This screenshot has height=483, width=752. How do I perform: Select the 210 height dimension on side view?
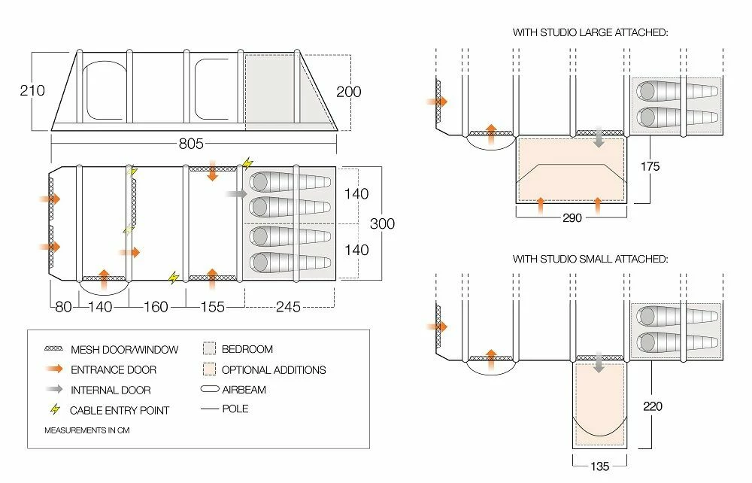click(32, 91)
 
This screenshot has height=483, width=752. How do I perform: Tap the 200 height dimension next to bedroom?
click(348, 92)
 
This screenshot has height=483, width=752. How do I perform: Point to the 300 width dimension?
click(381, 223)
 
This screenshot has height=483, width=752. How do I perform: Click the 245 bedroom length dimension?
click(290, 307)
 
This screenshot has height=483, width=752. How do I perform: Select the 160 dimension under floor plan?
click(156, 307)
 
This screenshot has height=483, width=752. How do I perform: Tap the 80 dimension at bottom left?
click(63, 307)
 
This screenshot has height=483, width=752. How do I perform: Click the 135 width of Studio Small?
click(599, 466)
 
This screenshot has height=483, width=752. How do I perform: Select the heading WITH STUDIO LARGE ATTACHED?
click(590, 33)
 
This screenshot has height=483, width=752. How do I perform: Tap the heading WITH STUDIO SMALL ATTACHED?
click(590, 259)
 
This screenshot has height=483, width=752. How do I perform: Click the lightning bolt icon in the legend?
click(54, 410)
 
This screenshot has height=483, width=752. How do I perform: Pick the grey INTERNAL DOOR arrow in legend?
click(54, 390)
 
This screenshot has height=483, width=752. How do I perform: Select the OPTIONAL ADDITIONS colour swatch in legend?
click(209, 369)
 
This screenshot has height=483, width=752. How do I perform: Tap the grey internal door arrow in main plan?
click(235, 194)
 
